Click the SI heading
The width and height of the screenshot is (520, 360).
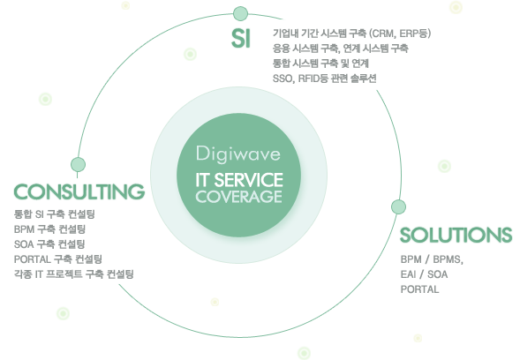(241, 38)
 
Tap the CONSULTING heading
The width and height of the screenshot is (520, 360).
(79, 192)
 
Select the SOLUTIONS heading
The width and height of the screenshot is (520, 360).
(456, 235)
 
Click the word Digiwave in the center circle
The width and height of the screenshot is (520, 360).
(238, 154)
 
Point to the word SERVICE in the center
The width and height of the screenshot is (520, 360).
(249, 180)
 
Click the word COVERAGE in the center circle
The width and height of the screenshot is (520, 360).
(238, 196)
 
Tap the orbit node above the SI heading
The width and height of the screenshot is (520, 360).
(240, 13)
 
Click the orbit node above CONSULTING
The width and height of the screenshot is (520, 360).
(78, 164)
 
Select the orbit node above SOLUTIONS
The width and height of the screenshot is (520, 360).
(398, 206)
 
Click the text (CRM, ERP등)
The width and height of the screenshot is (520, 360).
(400, 34)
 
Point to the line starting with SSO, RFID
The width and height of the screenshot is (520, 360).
(324, 79)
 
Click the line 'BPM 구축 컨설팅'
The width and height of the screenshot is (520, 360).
(49, 229)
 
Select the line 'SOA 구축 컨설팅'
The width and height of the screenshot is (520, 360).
(49, 244)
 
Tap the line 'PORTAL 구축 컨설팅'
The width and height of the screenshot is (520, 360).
(57, 259)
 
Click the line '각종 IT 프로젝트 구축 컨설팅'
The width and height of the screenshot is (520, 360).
(73, 274)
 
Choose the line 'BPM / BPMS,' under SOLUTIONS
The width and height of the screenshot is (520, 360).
(432, 259)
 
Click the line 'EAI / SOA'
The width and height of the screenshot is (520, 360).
(424, 274)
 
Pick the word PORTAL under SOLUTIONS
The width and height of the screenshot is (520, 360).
(419, 289)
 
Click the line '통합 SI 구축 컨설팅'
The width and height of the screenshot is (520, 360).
(55, 214)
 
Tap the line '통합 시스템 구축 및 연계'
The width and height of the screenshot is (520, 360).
(320, 64)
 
